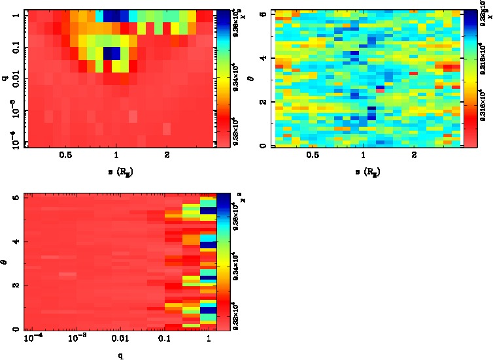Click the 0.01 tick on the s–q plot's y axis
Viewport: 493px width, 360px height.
14,79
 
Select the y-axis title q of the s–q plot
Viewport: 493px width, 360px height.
5,79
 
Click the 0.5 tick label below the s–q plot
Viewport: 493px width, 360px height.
65,155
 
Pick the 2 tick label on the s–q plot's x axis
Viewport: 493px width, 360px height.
167,155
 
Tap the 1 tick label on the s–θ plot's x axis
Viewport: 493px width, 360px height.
363,155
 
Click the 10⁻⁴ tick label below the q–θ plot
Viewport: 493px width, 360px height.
31,338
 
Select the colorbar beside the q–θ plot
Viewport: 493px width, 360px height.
222,261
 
